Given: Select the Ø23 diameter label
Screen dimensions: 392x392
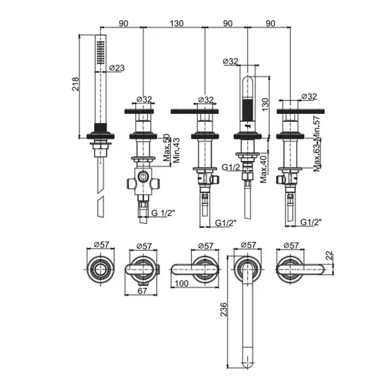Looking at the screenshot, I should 116,68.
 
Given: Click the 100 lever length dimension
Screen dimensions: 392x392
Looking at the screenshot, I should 182,283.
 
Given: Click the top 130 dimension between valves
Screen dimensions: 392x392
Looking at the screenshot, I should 175,24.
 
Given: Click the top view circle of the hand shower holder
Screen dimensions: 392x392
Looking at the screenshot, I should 101,267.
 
